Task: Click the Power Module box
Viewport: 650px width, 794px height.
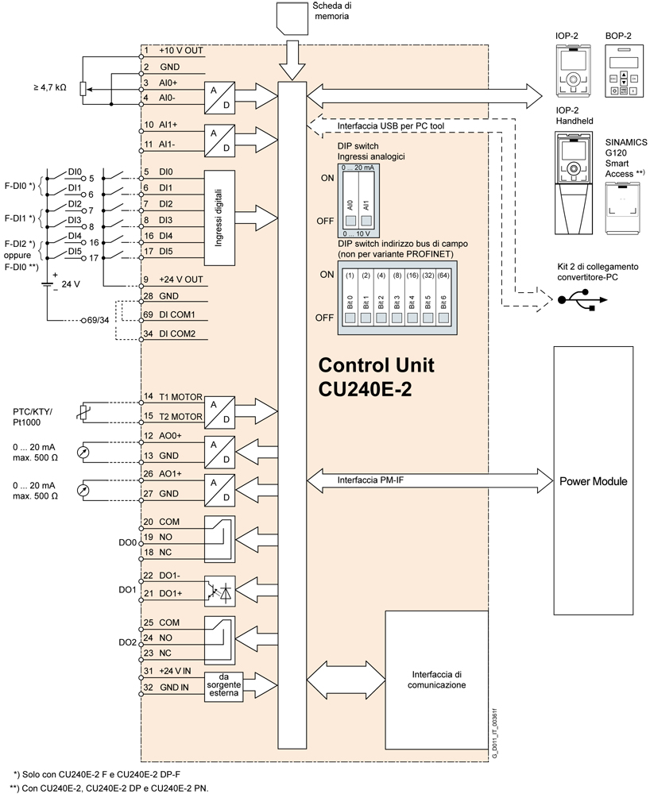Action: [x=593, y=481]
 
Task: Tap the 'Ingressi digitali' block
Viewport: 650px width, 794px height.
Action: [x=220, y=217]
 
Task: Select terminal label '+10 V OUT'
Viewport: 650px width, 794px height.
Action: [x=181, y=50]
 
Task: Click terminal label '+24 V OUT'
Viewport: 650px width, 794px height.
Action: [x=181, y=279]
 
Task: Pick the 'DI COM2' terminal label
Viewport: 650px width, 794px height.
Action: [x=178, y=333]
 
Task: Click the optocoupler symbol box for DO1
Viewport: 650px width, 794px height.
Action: [x=220, y=592]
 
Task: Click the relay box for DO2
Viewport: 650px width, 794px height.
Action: [x=220, y=639]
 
